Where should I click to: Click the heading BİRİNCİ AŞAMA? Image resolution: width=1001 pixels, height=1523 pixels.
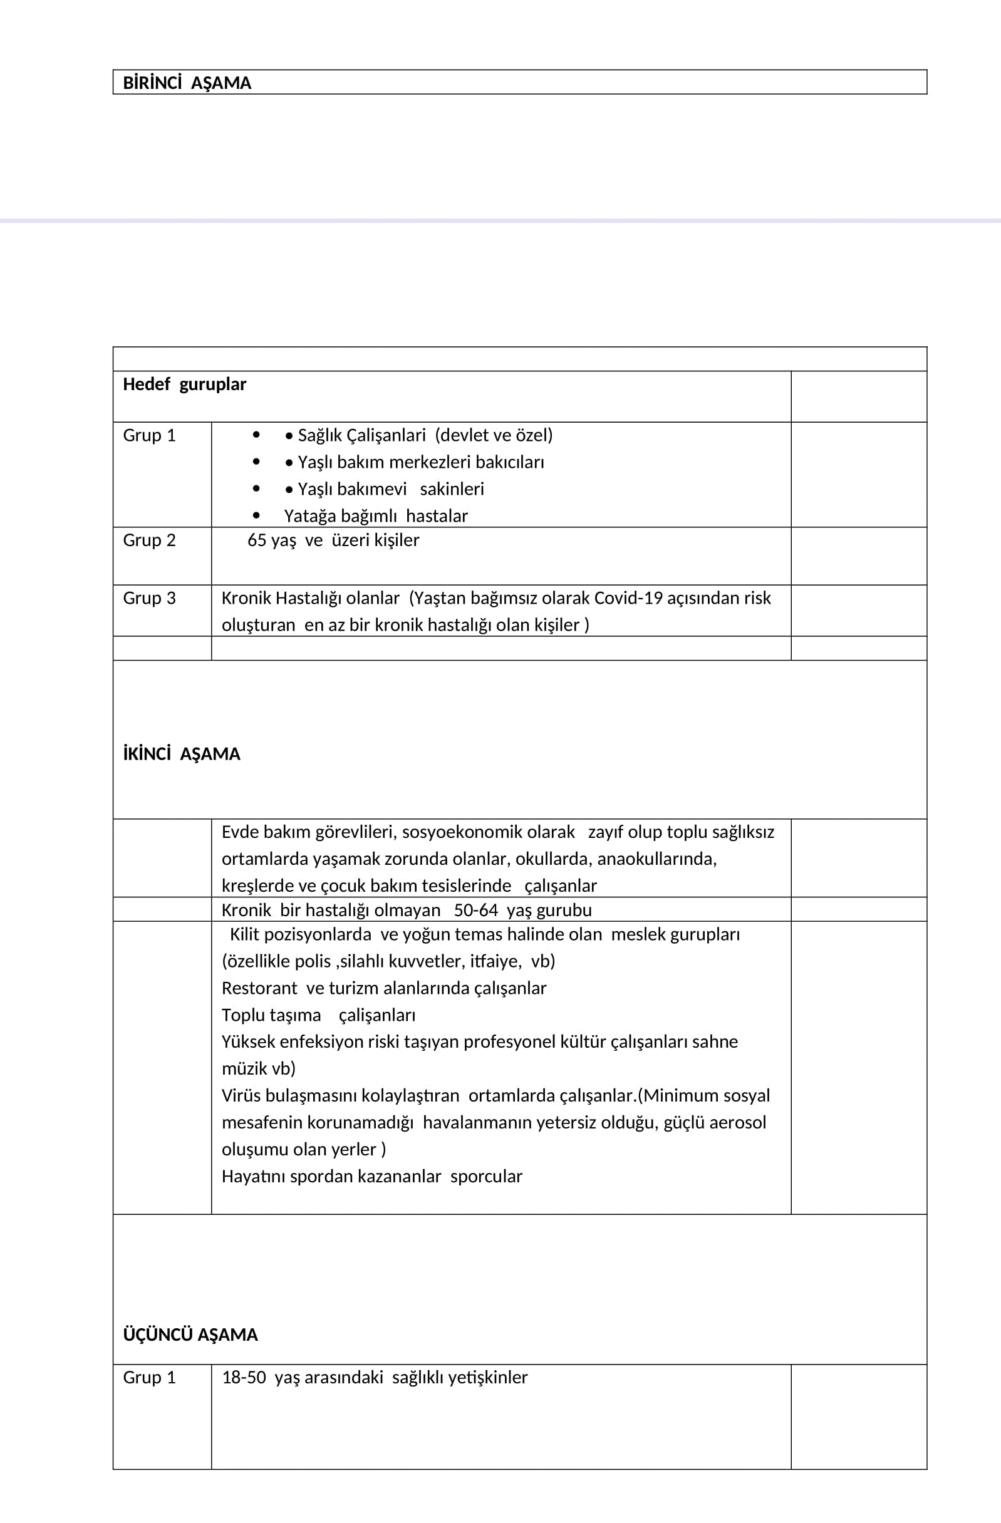pos(187,83)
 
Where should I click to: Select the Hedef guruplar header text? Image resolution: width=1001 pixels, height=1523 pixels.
pos(184,385)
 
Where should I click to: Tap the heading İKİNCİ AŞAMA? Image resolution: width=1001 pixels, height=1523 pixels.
pos(182,754)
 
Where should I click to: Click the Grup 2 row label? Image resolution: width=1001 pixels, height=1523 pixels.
pos(149,540)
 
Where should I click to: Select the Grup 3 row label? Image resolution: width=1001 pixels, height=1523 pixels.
pos(149,598)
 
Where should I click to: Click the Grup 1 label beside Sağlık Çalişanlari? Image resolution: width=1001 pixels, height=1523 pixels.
pos(149,436)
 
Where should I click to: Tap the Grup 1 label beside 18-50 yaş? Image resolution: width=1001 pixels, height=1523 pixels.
pos(149,1378)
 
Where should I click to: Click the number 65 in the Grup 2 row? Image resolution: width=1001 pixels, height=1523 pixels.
pos(257,540)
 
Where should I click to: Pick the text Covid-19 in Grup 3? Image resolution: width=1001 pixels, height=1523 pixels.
pos(628,598)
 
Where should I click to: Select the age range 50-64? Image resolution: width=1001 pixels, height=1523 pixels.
pos(475,911)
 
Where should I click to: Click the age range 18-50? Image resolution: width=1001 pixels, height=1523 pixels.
pos(244,1378)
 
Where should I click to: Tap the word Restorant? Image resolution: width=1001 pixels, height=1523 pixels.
pos(259,989)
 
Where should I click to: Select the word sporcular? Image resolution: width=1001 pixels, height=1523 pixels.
pos(486,1177)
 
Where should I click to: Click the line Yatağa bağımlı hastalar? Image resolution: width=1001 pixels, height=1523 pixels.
pos(376,517)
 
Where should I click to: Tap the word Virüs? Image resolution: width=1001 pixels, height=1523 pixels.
pos(241,1096)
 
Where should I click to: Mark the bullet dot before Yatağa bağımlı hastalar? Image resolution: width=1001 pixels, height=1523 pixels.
pos(257,515)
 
